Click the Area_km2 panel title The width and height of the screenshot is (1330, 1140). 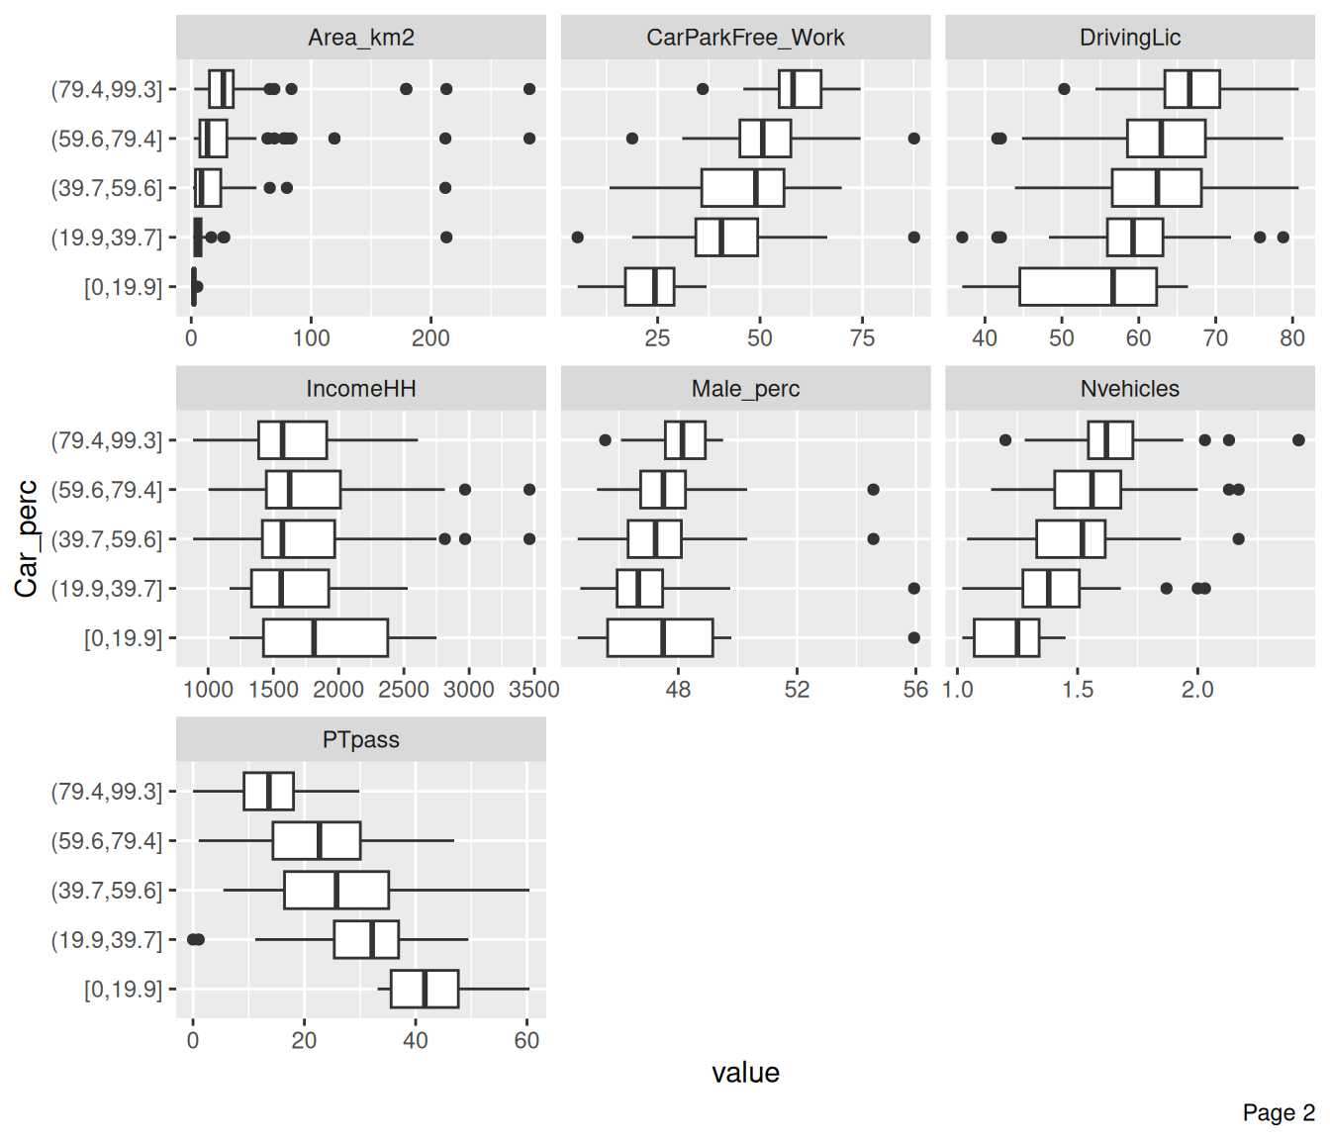(360, 38)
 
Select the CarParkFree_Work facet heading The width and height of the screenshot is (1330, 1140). (745, 38)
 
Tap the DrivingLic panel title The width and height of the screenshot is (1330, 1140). (1130, 38)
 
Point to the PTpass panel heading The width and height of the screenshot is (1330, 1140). (360, 740)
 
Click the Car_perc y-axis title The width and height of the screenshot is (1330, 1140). (27, 538)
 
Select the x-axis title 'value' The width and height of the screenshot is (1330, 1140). (745, 1073)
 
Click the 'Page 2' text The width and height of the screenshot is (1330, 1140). (1279, 1112)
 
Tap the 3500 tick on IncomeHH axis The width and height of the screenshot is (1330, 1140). (533, 690)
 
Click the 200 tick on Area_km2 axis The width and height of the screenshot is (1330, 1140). (430, 338)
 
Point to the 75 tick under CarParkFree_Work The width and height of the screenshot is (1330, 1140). (862, 338)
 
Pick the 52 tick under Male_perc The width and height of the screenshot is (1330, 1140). (797, 690)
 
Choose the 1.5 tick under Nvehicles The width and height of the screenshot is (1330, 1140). (1078, 690)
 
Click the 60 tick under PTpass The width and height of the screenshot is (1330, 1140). (526, 1041)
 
